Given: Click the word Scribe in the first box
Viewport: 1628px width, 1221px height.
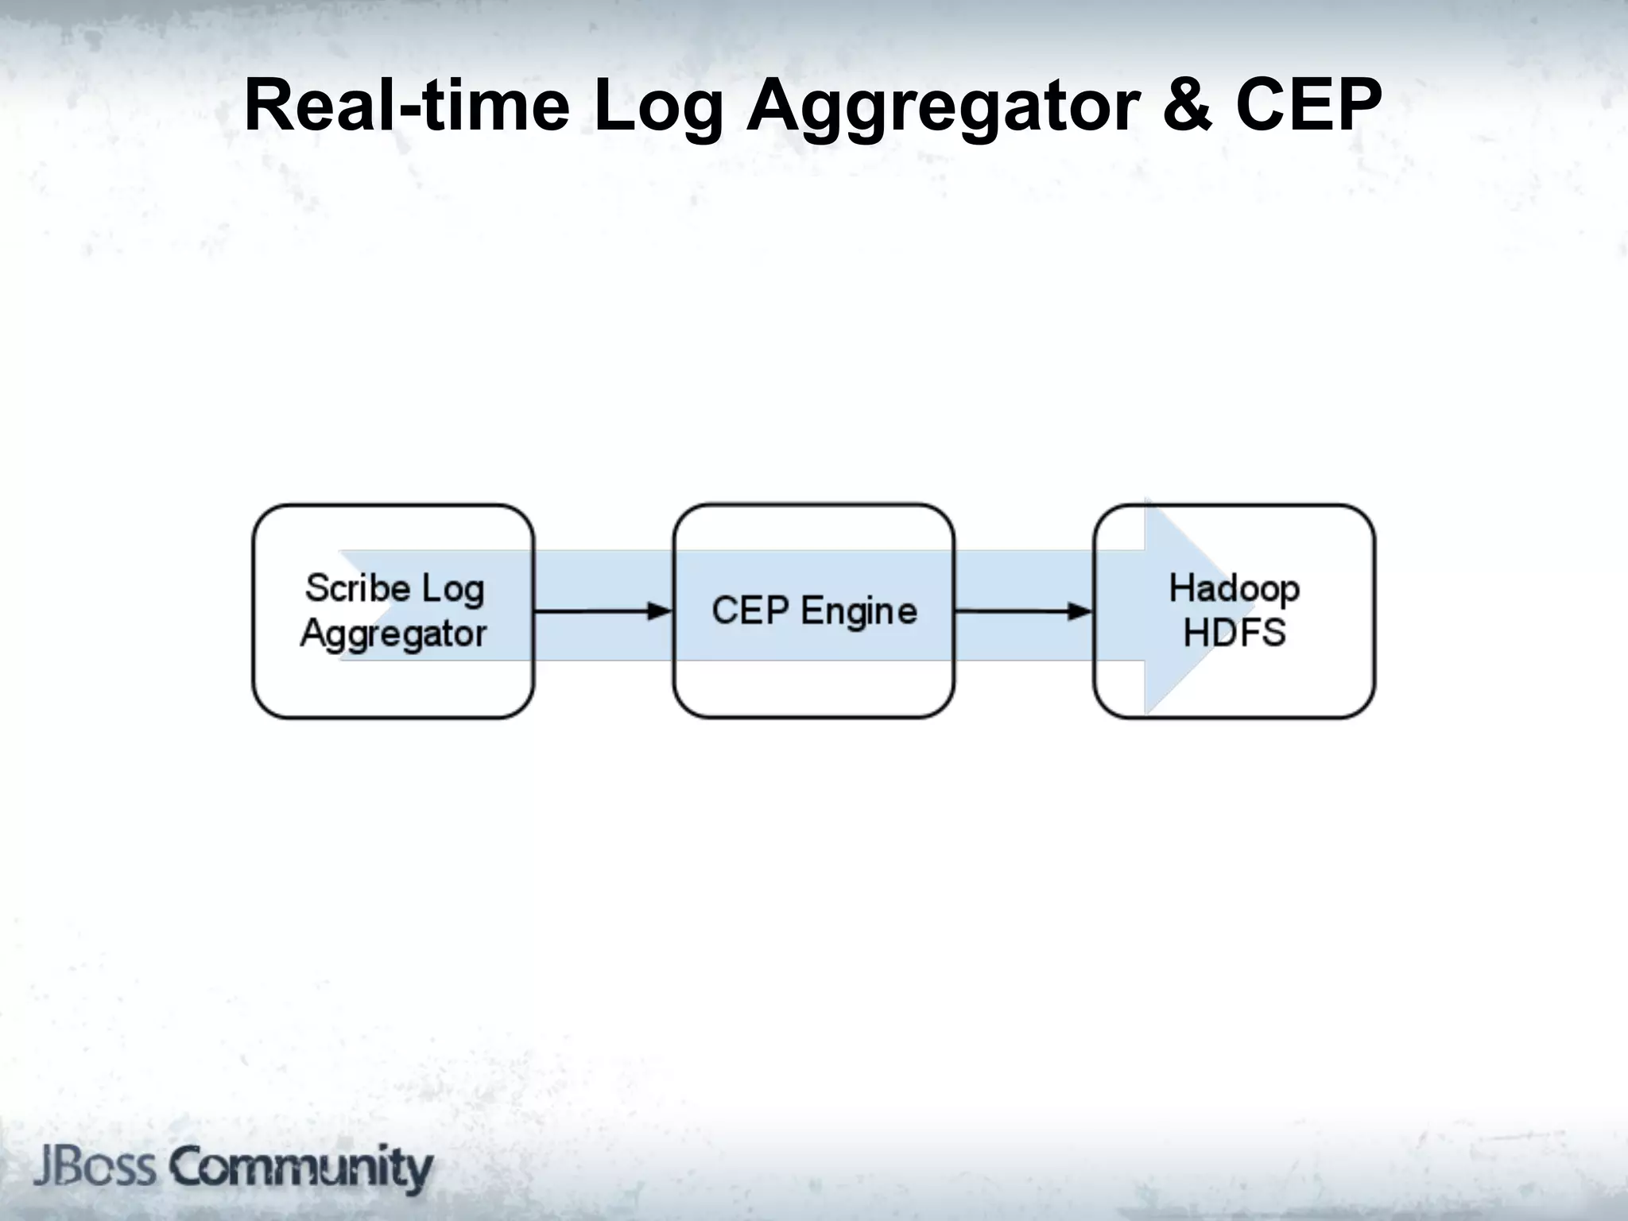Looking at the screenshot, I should (358, 588).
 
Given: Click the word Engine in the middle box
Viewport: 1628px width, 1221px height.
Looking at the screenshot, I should (859, 612).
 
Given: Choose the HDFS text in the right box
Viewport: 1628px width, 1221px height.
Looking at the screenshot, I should (1234, 634).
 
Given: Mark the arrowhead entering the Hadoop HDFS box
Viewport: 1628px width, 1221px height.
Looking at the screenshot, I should (1081, 611).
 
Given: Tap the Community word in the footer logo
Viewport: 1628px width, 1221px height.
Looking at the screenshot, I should (302, 1169).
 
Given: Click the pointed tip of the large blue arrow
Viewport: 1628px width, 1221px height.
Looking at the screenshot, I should (1221, 606).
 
